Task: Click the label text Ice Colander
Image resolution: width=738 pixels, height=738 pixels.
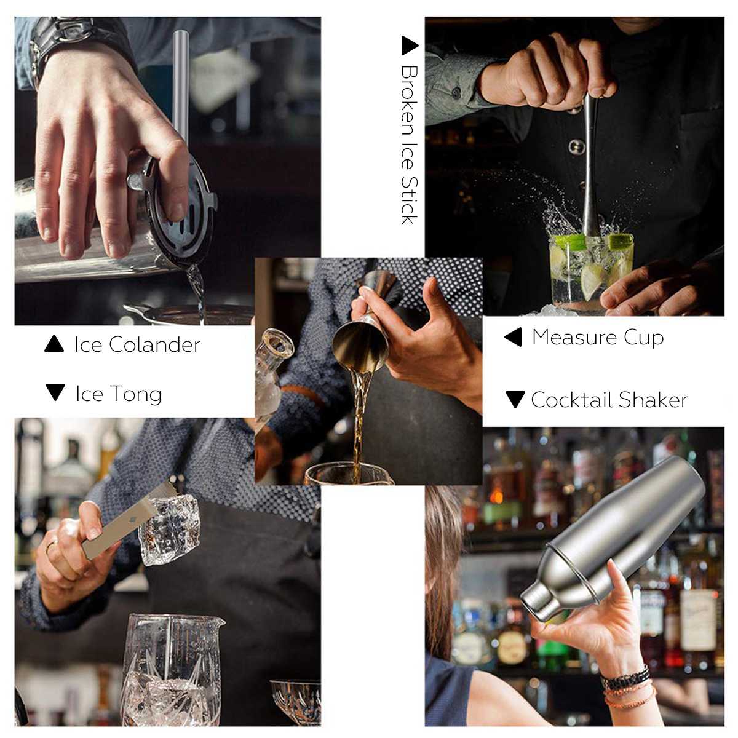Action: coord(137,344)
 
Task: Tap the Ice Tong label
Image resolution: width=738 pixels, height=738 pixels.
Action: coord(118,394)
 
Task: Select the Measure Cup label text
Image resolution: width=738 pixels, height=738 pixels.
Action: coord(597,337)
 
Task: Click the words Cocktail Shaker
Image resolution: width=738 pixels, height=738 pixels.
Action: coord(609,400)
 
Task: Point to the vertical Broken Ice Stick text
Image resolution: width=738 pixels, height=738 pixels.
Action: coord(409,145)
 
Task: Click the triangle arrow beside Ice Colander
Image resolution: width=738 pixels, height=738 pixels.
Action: coord(54,344)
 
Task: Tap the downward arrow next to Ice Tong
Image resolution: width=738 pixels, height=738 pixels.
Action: coord(55,392)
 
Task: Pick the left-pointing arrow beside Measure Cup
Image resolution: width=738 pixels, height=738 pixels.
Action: coord(513,337)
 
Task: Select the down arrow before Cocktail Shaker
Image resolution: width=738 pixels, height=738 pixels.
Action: coord(515,400)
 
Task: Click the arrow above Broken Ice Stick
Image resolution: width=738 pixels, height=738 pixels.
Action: coord(409,46)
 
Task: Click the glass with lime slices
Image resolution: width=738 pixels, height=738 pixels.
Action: coord(590,271)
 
